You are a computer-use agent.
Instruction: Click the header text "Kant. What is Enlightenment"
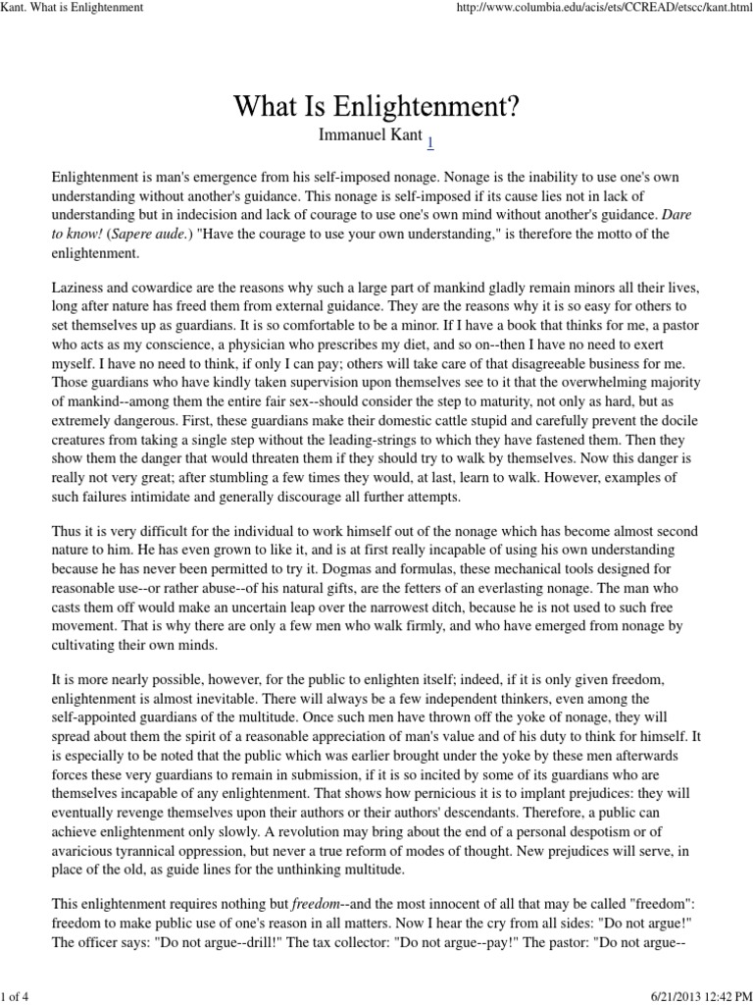pyautogui.click(x=73, y=8)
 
